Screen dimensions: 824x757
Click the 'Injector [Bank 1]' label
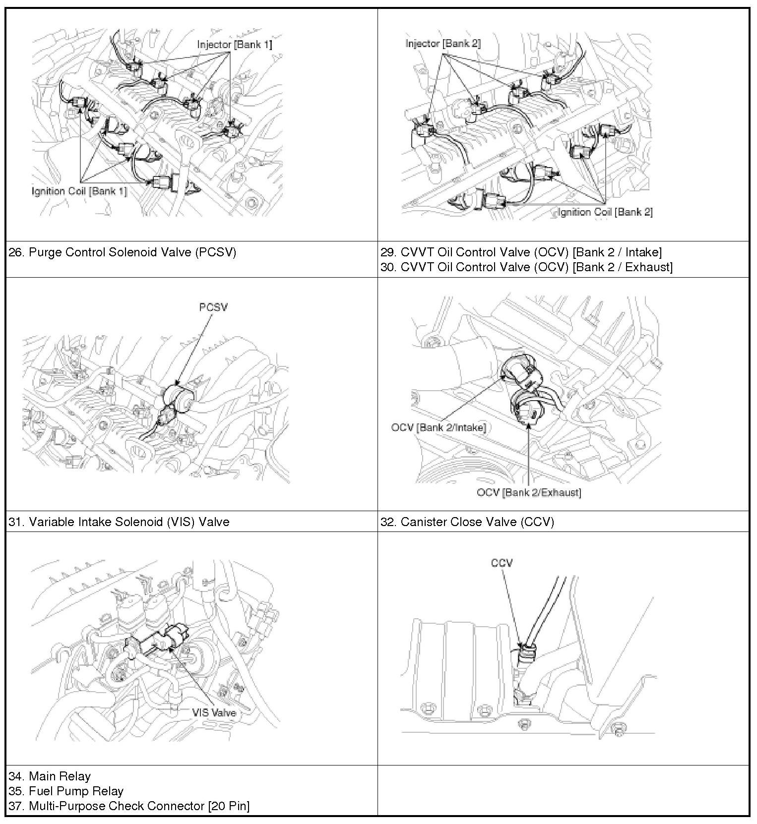(234, 45)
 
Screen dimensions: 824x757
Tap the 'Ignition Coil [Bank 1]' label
(79, 191)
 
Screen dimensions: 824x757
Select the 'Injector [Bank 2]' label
(443, 44)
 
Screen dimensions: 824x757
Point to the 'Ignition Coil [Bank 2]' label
(605, 212)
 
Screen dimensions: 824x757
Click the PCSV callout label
(213, 307)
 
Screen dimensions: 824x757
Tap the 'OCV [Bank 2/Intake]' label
(439, 427)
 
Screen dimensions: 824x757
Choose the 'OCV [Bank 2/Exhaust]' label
(529, 492)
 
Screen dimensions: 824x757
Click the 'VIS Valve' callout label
(214, 713)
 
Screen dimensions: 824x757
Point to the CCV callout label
(502, 563)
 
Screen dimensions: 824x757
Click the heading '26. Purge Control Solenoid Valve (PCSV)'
(123, 252)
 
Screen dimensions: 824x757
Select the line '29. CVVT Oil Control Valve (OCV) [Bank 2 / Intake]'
(521, 252)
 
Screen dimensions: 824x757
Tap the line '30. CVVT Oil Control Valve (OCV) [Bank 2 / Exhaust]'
(526, 267)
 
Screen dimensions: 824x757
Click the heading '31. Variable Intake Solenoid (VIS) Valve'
(119, 522)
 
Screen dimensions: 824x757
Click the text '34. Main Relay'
(50, 776)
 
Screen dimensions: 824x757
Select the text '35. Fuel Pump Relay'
(66, 791)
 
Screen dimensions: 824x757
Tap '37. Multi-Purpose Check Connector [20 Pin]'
(129, 806)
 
